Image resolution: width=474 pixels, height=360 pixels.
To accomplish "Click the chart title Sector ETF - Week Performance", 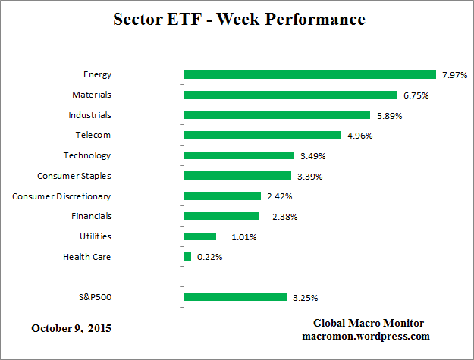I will coord(239,19).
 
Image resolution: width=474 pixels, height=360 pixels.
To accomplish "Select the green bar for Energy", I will coord(310,74).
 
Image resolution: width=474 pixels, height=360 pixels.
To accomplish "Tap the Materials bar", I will coord(290,95).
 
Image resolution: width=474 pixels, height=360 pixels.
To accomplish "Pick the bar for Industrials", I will coord(277,115).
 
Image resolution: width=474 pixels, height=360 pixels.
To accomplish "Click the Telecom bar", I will coord(262,136).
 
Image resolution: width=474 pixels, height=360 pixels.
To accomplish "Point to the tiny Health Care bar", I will coord(187,257).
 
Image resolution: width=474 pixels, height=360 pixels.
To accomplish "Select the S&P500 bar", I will coord(235,297).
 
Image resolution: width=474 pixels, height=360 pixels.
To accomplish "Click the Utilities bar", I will coord(200,236).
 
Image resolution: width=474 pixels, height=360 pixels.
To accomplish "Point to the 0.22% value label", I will coord(209,258).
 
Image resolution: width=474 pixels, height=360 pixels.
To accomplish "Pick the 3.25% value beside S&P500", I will coord(304,298).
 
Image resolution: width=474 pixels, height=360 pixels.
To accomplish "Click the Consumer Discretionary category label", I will coord(61,196).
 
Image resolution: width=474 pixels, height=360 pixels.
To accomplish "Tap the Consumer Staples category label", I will coord(74,176).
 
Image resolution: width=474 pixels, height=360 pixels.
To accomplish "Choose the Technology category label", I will coord(87,155).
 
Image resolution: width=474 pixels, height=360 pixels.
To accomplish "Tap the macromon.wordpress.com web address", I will coord(366,336).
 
